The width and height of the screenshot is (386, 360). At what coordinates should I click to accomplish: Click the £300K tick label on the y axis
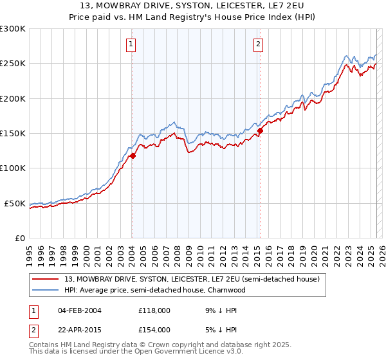13,29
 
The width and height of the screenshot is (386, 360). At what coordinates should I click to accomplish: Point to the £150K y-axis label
13,133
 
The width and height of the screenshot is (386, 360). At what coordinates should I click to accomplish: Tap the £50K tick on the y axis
15,203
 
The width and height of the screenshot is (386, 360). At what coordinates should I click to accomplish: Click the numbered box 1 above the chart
131,44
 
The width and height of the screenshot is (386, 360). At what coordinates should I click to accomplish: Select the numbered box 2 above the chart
258,44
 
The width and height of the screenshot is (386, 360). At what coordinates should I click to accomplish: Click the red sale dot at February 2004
133,156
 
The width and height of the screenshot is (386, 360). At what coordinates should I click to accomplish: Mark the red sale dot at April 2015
260,130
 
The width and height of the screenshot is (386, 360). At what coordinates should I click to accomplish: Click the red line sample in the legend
46,280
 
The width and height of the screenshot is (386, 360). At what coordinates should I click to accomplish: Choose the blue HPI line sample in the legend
46,290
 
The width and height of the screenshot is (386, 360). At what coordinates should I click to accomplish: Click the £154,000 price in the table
154,329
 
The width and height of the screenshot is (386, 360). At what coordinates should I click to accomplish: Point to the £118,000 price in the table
154,310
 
